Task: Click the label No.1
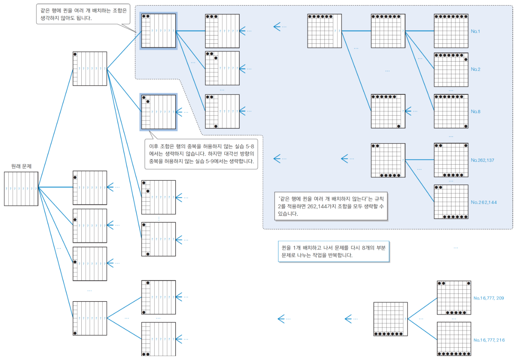pos(475,31)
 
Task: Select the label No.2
pos(475,69)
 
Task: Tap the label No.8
pos(475,111)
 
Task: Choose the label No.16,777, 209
pos(489,298)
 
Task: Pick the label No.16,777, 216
pos(489,340)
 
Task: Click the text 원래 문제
pos(21,166)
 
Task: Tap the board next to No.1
pos(451,31)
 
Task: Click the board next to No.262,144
pos(451,202)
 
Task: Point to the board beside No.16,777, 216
pos(454,339)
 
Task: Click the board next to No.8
pos(451,111)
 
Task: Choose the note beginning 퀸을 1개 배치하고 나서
pos(333,251)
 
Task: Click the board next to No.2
pos(451,69)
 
